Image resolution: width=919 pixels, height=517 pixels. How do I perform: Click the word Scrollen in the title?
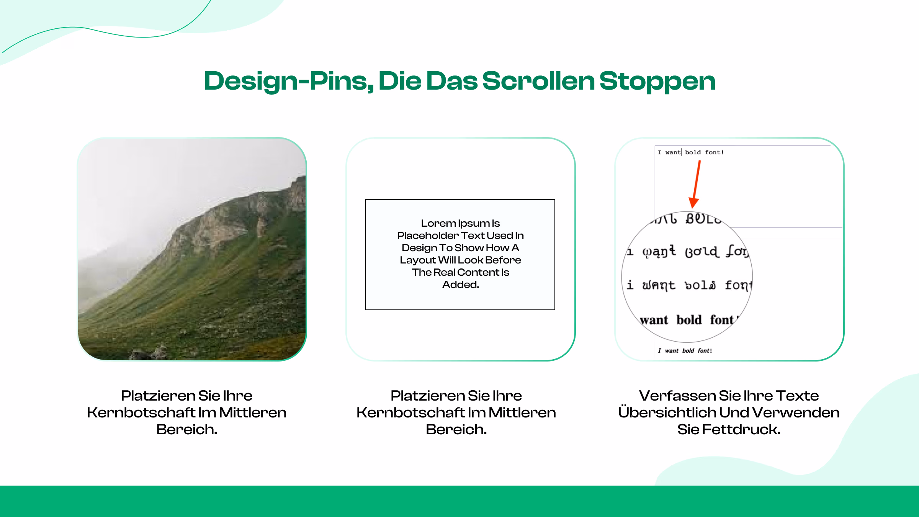(538, 81)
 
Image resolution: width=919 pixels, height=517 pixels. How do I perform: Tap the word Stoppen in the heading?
(657, 81)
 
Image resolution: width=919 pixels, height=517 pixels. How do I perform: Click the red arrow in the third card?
(696, 184)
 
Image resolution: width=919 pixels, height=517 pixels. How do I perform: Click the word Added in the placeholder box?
(460, 285)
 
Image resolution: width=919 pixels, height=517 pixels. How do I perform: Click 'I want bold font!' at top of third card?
(691, 152)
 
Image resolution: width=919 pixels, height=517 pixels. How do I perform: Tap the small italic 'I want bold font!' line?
(685, 351)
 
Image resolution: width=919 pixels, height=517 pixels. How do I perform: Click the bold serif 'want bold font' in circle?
(687, 320)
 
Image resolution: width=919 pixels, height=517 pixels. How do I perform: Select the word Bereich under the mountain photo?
(186, 429)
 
